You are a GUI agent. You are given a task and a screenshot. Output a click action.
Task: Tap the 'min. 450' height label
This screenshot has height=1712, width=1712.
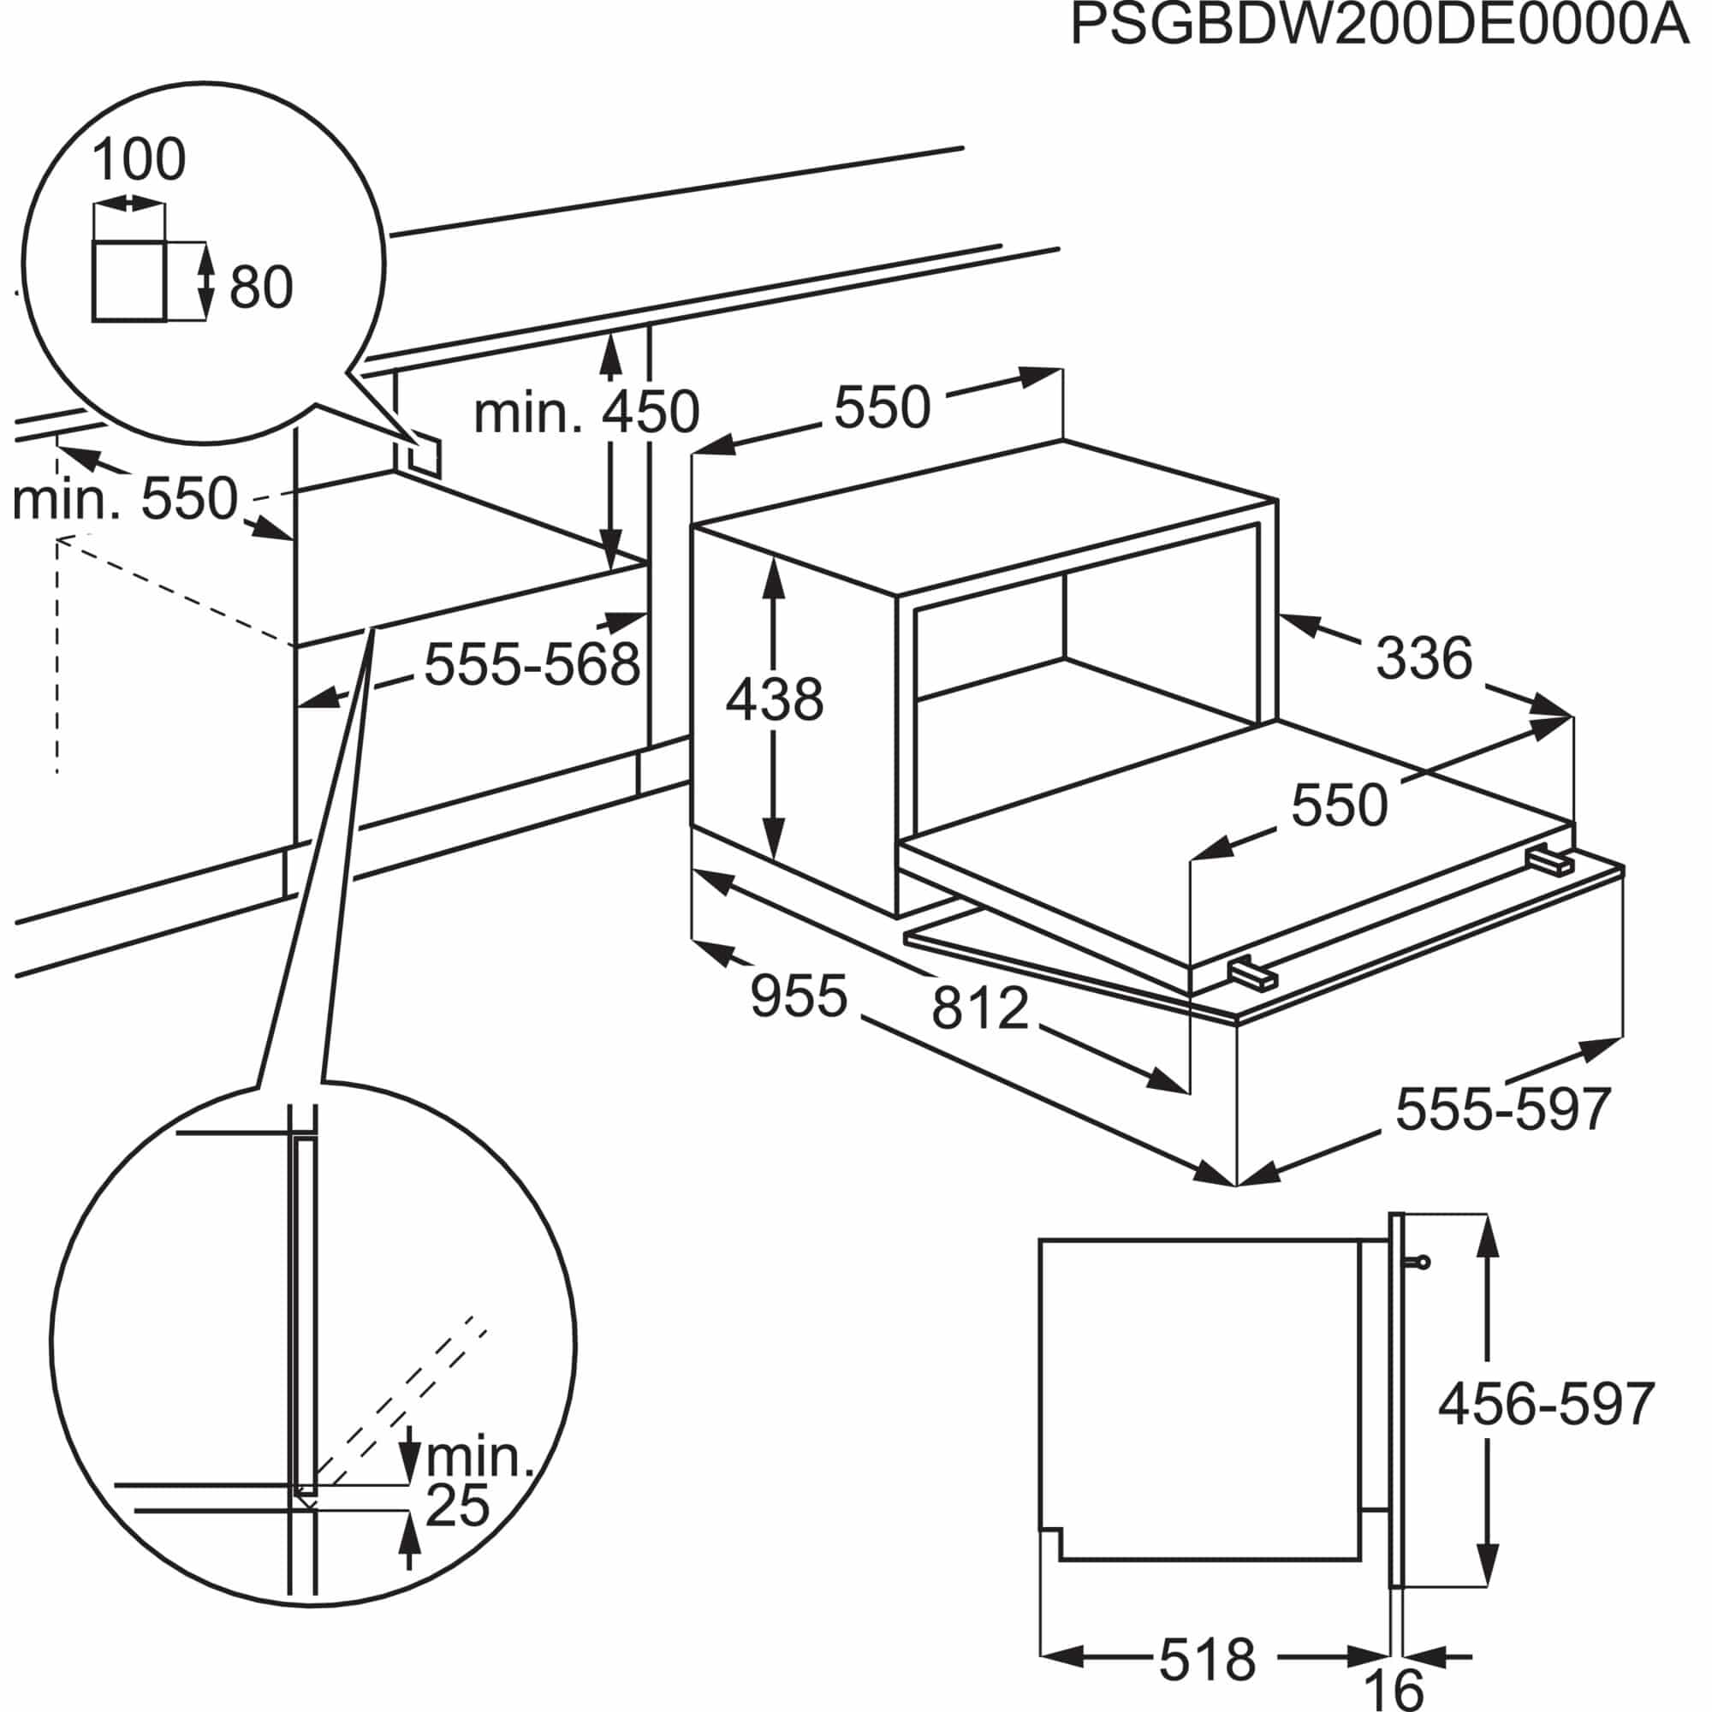pos(587,412)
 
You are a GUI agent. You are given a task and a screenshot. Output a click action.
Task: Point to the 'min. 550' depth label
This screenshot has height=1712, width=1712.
pos(126,498)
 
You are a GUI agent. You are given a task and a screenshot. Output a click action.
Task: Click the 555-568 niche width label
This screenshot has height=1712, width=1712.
pos(532,664)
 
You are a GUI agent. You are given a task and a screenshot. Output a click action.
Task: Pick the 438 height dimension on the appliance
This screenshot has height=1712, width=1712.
pos(775,699)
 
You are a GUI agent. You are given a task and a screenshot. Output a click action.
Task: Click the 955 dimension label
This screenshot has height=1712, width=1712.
pos(800,996)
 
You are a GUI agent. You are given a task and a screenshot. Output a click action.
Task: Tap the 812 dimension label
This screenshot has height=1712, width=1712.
pos(980,1008)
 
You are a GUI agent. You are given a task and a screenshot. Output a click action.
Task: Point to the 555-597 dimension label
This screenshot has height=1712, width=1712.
pos(1503,1109)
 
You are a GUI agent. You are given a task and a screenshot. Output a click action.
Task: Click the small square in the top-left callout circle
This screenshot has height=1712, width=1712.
pos(128,280)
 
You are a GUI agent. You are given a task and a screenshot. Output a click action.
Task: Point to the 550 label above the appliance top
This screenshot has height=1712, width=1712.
pos(883,407)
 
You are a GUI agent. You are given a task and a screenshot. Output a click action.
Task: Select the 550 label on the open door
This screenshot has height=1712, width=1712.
pos(1339,806)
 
